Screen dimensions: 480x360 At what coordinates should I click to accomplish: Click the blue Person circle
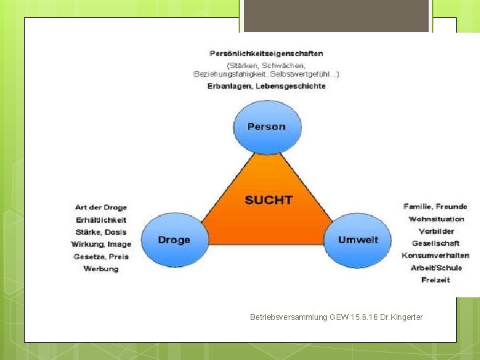(267, 127)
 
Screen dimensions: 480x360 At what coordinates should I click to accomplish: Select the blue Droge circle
(174, 240)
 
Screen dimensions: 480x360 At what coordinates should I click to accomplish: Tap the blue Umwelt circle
(358, 240)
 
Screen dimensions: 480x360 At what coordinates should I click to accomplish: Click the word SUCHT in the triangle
(268, 199)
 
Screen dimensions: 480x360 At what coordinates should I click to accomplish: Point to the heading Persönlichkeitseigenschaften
(266, 53)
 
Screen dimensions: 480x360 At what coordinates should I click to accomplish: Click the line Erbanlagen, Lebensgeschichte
(266, 86)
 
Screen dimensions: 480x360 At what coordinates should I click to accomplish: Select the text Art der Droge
(101, 207)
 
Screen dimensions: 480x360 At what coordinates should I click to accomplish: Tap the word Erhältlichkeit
(101, 220)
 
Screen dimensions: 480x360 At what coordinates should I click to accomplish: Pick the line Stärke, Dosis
(101, 232)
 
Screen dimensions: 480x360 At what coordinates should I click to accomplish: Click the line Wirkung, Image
(101, 244)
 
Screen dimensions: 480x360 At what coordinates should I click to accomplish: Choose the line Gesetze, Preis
(101, 256)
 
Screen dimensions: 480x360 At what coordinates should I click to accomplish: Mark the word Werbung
(101, 269)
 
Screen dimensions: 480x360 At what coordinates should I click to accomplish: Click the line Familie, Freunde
(435, 207)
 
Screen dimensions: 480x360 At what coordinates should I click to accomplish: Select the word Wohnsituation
(436, 219)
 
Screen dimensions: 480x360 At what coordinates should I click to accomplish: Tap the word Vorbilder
(436, 231)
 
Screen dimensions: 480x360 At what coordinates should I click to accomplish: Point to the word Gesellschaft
(436, 243)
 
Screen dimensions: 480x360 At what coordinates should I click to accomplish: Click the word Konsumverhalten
(436, 255)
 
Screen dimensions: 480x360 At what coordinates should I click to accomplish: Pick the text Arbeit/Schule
(436, 268)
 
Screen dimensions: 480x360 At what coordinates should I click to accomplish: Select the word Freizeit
(436, 280)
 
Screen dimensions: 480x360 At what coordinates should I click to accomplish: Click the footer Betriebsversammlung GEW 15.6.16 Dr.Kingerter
(336, 317)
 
